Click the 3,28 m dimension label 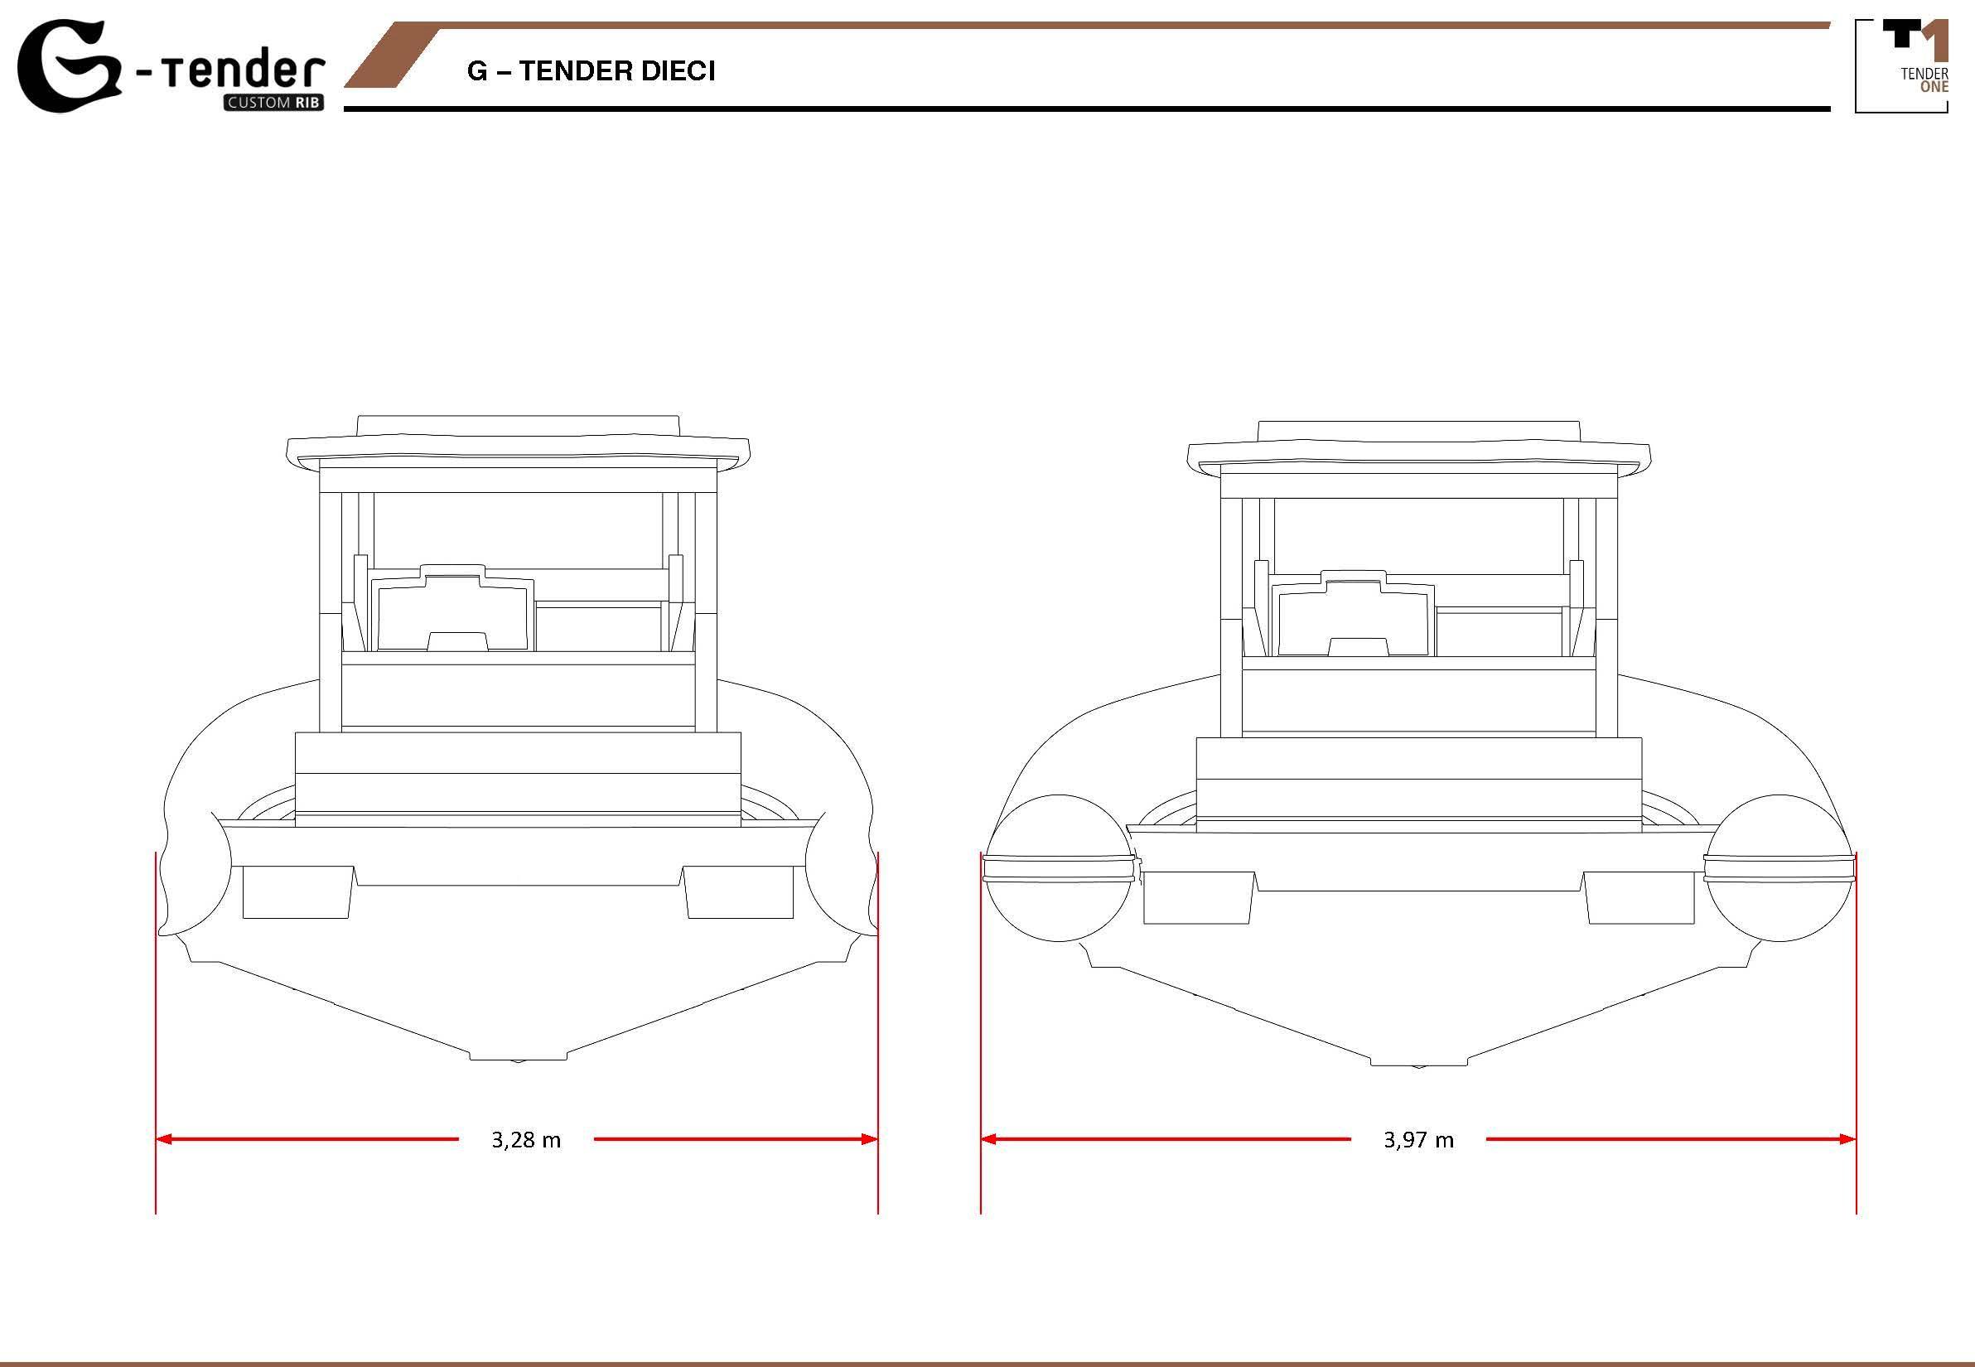point(526,1140)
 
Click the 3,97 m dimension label point(1418,1140)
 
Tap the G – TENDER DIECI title point(591,71)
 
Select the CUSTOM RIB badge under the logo point(274,104)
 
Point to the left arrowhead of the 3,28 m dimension point(163,1139)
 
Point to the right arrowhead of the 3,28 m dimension point(869,1139)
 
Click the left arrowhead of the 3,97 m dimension point(989,1139)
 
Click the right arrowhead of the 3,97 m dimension point(1847,1139)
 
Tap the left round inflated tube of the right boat point(1060,867)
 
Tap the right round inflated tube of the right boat point(1779,867)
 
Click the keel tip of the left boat point(517,1060)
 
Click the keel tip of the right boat point(1419,1065)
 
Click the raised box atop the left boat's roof point(518,427)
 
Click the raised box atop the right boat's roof point(1419,432)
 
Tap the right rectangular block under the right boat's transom point(1639,897)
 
